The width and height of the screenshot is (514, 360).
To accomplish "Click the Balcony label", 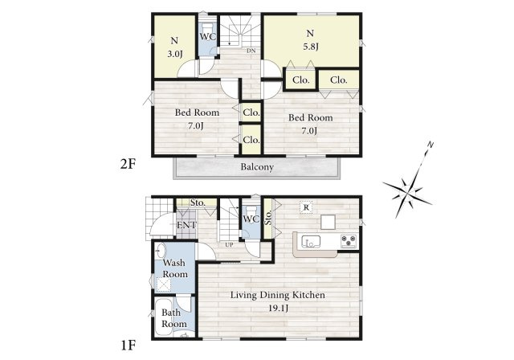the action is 257,167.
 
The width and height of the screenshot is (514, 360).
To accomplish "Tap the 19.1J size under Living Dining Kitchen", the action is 278,309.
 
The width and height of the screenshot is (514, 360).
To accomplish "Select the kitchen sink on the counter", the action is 311,241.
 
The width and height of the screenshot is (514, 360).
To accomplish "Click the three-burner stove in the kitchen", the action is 349,241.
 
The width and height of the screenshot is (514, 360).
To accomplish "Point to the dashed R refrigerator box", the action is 306,207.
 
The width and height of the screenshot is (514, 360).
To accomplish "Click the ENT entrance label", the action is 186,225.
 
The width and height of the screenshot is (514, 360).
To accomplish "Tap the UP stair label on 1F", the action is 229,244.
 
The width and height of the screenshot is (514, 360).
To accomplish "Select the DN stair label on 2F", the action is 251,51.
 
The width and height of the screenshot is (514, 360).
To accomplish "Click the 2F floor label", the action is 128,164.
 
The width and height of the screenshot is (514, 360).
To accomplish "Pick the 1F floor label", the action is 128,346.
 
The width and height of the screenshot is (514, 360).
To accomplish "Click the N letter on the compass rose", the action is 430,145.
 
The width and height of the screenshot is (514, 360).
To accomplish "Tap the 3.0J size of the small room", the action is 175,54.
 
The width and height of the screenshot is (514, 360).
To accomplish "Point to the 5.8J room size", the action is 311,47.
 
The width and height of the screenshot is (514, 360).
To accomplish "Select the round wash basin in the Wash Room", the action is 161,252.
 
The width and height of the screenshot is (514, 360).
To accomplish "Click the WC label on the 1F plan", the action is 251,219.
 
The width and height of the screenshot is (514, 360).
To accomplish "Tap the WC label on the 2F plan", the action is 208,36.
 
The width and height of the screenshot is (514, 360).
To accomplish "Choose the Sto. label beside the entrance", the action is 198,202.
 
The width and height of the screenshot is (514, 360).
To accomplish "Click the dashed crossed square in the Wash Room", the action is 164,284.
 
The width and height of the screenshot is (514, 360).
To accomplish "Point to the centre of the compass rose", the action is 407,193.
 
